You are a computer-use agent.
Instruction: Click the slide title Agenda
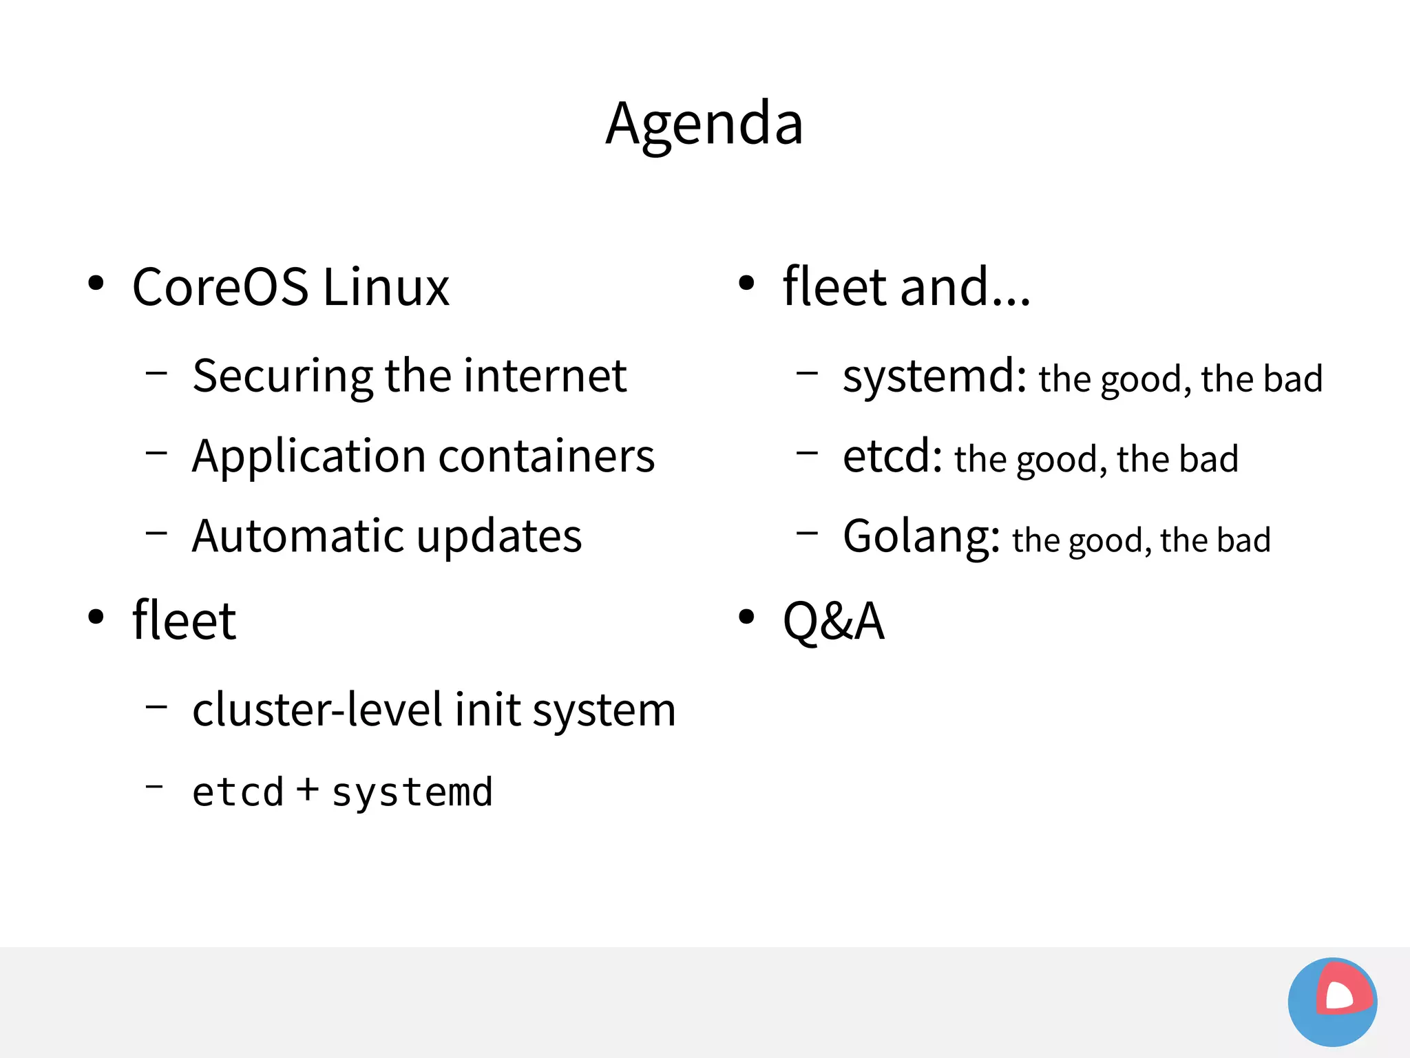[x=704, y=124]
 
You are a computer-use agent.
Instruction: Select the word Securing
[x=282, y=377]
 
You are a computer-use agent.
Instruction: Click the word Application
[x=309, y=458]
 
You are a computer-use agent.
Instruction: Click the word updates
[x=499, y=538]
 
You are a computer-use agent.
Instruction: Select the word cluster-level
[x=317, y=710]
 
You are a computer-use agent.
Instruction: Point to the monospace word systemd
[x=412, y=792]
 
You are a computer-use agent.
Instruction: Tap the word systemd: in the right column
[x=934, y=377]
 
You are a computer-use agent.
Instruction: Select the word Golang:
[x=921, y=538]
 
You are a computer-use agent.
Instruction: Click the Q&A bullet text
[x=833, y=622]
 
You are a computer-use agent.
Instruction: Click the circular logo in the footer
[x=1332, y=1002]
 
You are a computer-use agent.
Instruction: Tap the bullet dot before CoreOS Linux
[x=96, y=283]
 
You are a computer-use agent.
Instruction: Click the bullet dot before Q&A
[x=746, y=617]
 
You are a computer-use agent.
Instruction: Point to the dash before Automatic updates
[x=157, y=532]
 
